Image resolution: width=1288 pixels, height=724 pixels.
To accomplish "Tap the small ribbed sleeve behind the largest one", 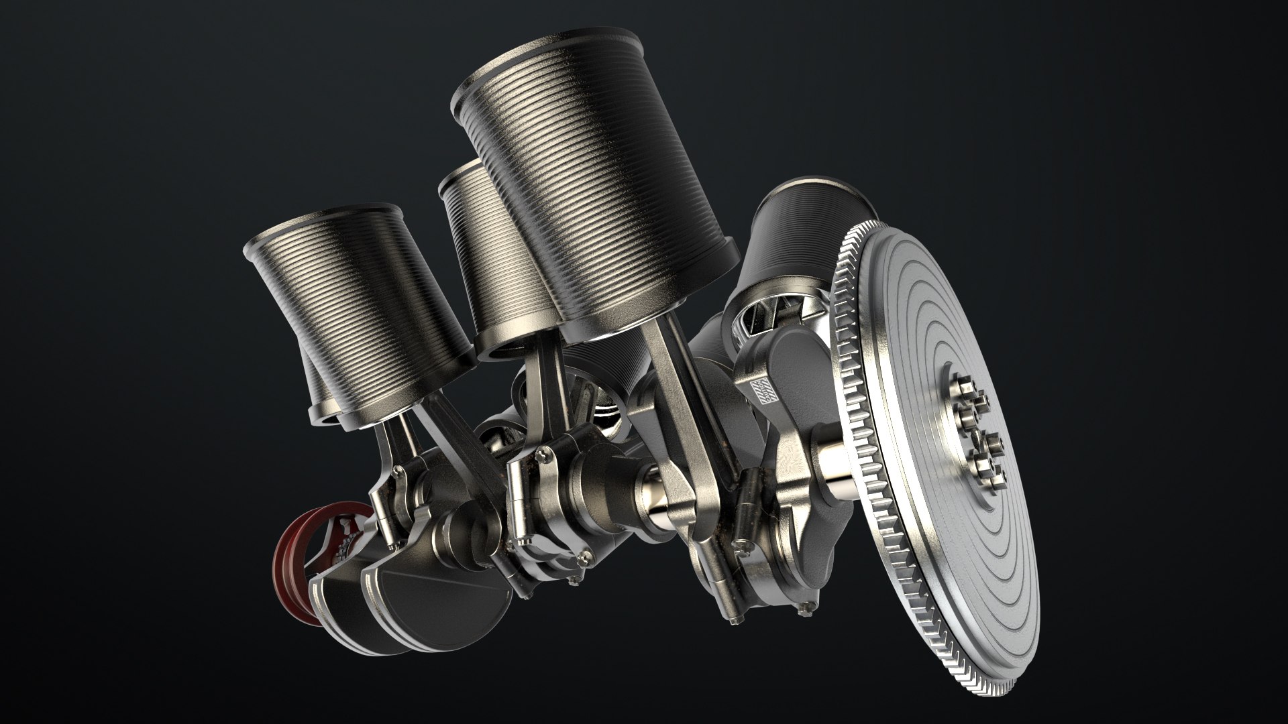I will pos(473,255).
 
